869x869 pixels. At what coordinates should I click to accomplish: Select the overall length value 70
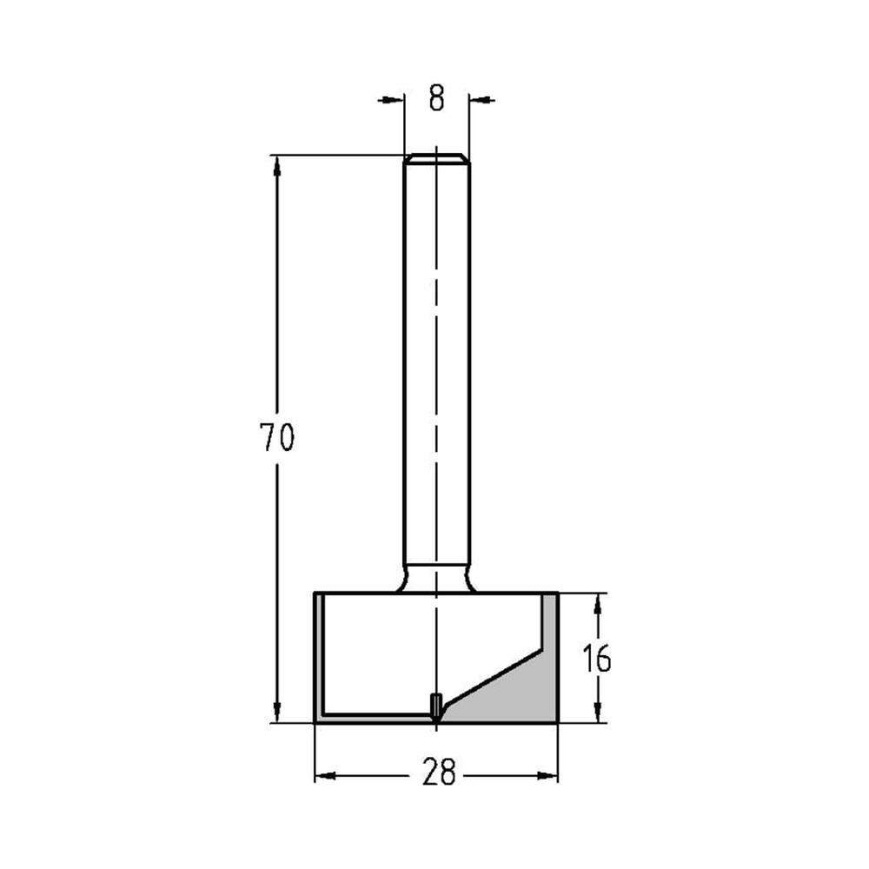[x=277, y=438]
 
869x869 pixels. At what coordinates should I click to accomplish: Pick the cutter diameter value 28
[x=439, y=773]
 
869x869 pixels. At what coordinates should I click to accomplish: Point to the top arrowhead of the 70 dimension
[x=277, y=165]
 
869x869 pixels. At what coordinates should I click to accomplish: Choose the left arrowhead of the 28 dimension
[x=324, y=775]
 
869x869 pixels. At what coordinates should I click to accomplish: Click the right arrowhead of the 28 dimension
[x=547, y=775]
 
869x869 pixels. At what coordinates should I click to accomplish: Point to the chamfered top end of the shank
[x=436, y=159]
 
